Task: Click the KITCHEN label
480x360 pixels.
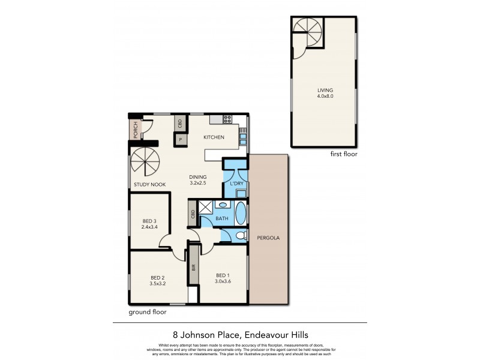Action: (x=214, y=137)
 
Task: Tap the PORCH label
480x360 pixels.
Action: (x=136, y=130)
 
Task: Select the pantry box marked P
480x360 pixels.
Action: (x=180, y=139)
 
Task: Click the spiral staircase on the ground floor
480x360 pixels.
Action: (x=145, y=163)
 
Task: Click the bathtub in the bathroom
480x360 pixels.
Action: (x=240, y=212)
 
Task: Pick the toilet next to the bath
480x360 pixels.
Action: (x=241, y=235)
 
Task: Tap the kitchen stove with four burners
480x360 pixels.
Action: (x=227, y=119)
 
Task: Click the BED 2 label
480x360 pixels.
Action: (x=157, y=277)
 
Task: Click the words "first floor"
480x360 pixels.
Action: (x=344, y=155)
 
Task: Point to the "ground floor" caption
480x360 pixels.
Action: (x=148, y=312)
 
